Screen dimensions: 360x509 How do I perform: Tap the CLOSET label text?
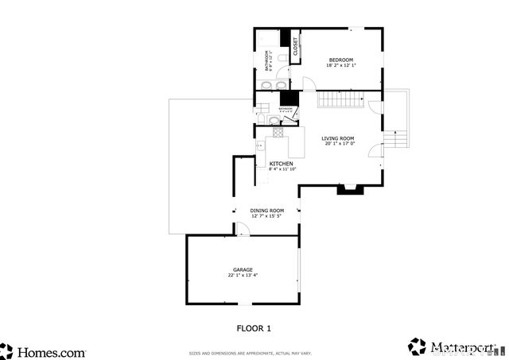295,46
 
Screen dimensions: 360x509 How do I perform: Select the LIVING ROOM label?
338,138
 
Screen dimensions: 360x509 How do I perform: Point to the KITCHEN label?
282,164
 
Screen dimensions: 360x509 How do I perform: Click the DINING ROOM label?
266,211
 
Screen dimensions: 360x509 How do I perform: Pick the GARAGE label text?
242,269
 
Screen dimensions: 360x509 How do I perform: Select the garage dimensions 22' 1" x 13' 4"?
242,275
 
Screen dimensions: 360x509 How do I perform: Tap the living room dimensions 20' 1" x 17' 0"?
338,144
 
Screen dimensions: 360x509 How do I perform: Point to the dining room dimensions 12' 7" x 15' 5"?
266,216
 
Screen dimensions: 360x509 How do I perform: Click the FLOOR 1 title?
254,327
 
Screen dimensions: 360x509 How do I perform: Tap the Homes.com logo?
44,350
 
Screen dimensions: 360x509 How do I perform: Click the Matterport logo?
449,347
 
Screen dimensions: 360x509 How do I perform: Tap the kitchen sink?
270,146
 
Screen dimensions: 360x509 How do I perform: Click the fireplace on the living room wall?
349,189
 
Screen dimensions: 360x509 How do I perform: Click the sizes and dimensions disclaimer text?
250,353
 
